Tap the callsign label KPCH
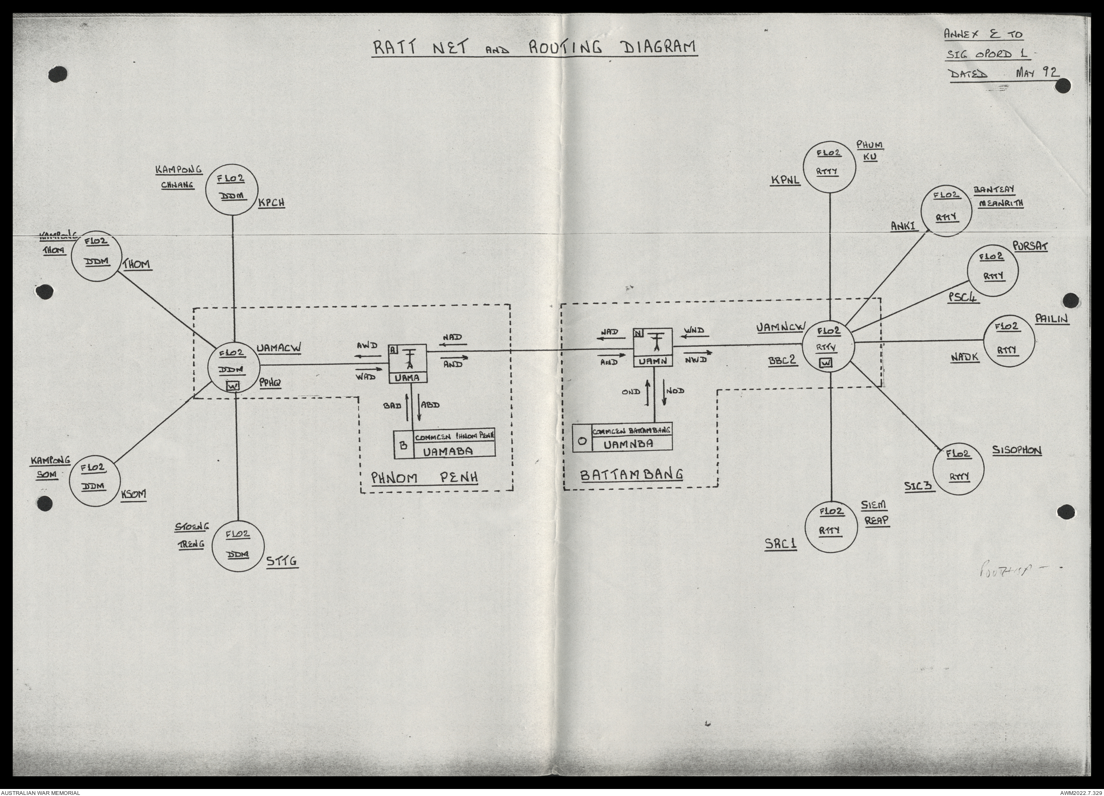[271, 203]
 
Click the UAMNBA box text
[629, 443]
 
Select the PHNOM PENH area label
[425, 477]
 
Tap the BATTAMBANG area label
[631, 475]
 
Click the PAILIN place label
[1052, 319]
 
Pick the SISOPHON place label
[1016, 450]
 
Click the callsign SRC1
[781, 545]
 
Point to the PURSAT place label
[1030, 246]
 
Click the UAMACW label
[278, 348]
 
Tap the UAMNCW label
[781, 327]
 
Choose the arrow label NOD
[675, 390]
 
